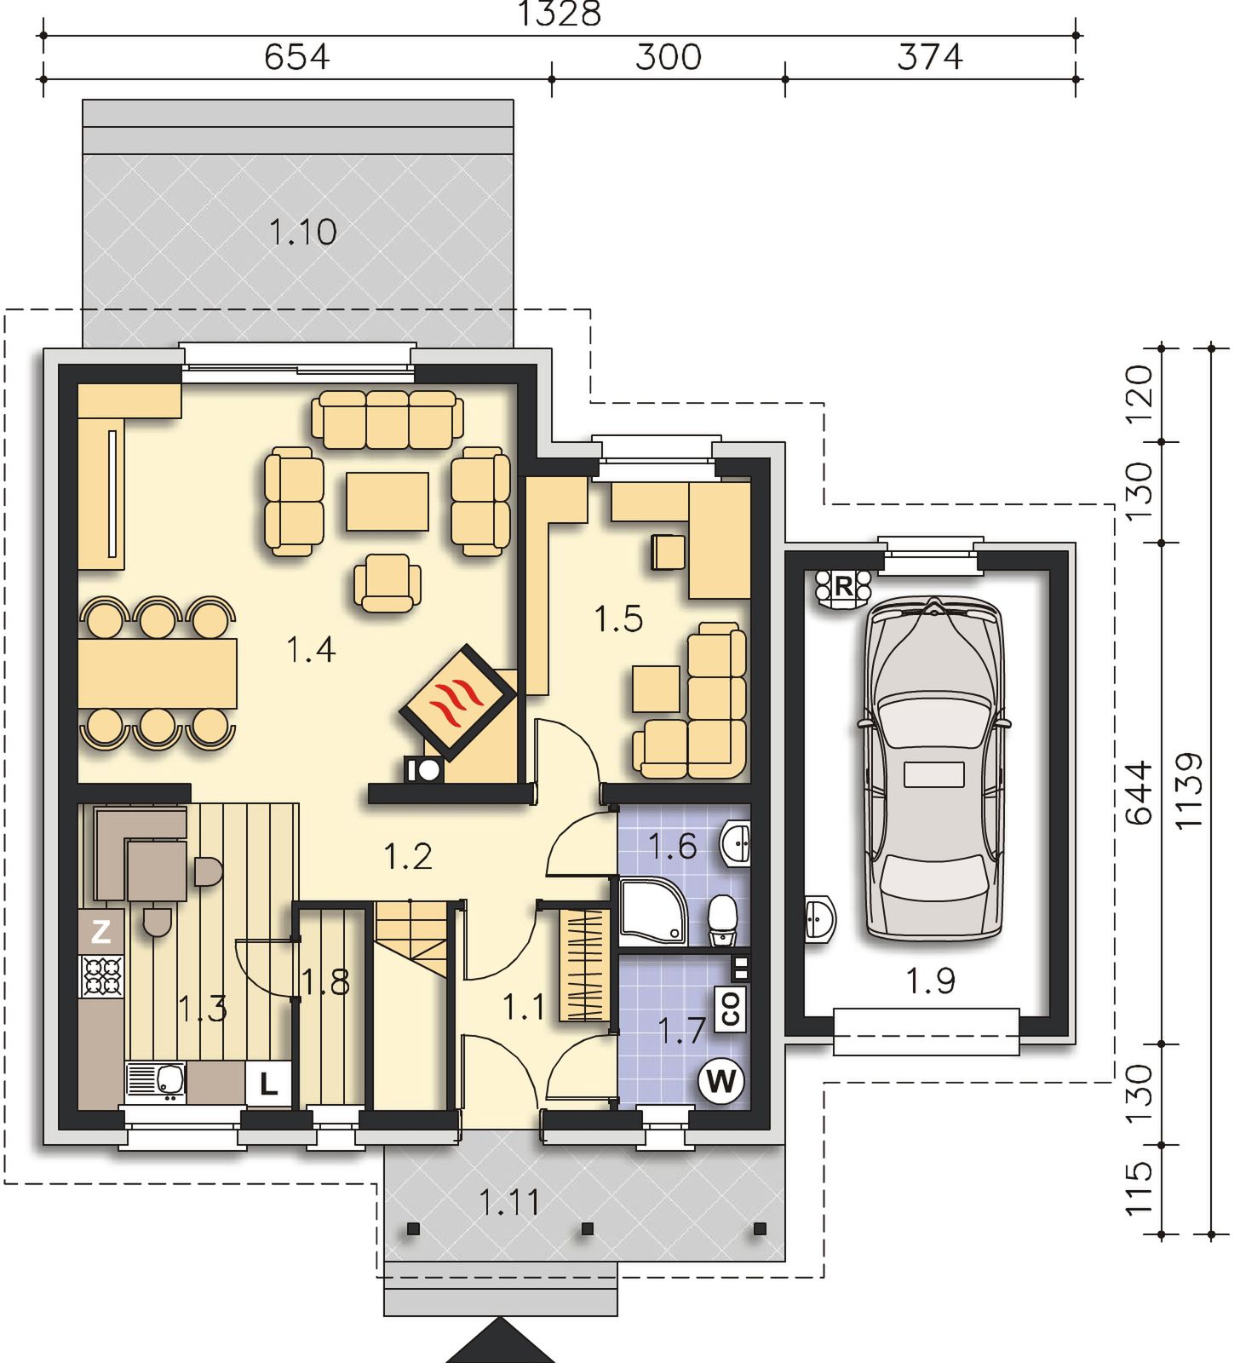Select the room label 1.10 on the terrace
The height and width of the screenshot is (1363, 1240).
pos(303,232)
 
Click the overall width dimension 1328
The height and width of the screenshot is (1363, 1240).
pos(560,14)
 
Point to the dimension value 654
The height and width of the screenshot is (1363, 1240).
pos(296,57)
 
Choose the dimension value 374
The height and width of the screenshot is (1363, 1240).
pos(930,57)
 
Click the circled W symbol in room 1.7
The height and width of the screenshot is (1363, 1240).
pos(721,1082)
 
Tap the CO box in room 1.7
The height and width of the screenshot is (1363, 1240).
pos(731,1009)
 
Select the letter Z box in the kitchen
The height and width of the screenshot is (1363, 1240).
pos(100,932)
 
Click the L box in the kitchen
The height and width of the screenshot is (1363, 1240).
pos(268,1084)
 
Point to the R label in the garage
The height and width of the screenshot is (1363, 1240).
pos(843,586)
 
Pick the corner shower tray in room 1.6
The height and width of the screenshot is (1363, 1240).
pos(653,913)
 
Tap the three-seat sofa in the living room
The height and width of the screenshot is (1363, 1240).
pos(387,420)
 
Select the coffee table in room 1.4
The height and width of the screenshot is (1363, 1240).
pos(387,502)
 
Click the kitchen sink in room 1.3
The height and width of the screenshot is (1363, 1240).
pos(156,1083)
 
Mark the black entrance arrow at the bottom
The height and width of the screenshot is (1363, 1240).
pos(501,1341)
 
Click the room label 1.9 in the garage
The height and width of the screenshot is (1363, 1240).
pos(930,981)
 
